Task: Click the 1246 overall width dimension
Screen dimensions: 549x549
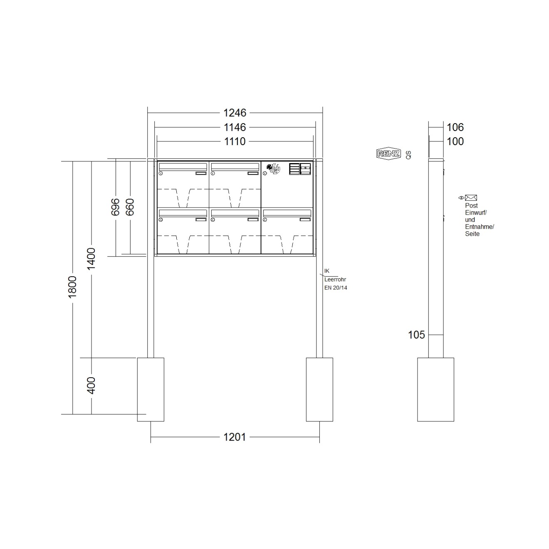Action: [235, 113]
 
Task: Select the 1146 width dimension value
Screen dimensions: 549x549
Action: [235, 127]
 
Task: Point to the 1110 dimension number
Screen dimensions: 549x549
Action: [235, 141]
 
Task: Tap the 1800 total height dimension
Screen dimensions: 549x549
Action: [72, 287]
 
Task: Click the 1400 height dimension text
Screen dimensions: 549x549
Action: [91, 259]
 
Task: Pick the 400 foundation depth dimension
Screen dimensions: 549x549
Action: [91, 386]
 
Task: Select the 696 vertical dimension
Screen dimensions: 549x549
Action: [115, 207]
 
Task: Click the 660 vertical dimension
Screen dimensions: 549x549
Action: [130, 207]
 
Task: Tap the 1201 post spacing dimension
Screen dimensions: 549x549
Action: [235, 437]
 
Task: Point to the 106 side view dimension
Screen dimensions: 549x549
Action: [455, 127]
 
